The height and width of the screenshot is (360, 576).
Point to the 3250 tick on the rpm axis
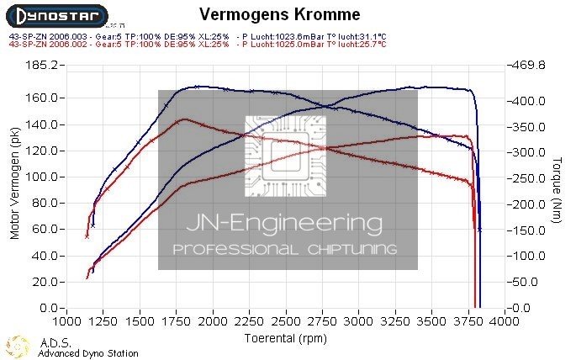(x=396, y=322)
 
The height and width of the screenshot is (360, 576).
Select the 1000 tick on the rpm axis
(x=68, y=322)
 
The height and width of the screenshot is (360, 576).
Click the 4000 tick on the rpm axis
(x=505, y=322)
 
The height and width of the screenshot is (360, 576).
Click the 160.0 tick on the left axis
(x=43, y=98)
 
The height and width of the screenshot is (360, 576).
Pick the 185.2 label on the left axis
(x=43, y=65)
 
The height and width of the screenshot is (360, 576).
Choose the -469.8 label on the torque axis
(x=529, y=65)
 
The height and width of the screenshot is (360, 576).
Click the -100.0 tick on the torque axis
(x=529, y=257)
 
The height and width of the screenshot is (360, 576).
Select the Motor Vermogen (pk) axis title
(x=14, y=187)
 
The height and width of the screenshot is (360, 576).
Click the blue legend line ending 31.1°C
(x=195, y=37)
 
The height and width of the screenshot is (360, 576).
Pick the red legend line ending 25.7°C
(x=195, y=45)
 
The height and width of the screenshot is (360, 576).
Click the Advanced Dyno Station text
(x=88, y=353)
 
